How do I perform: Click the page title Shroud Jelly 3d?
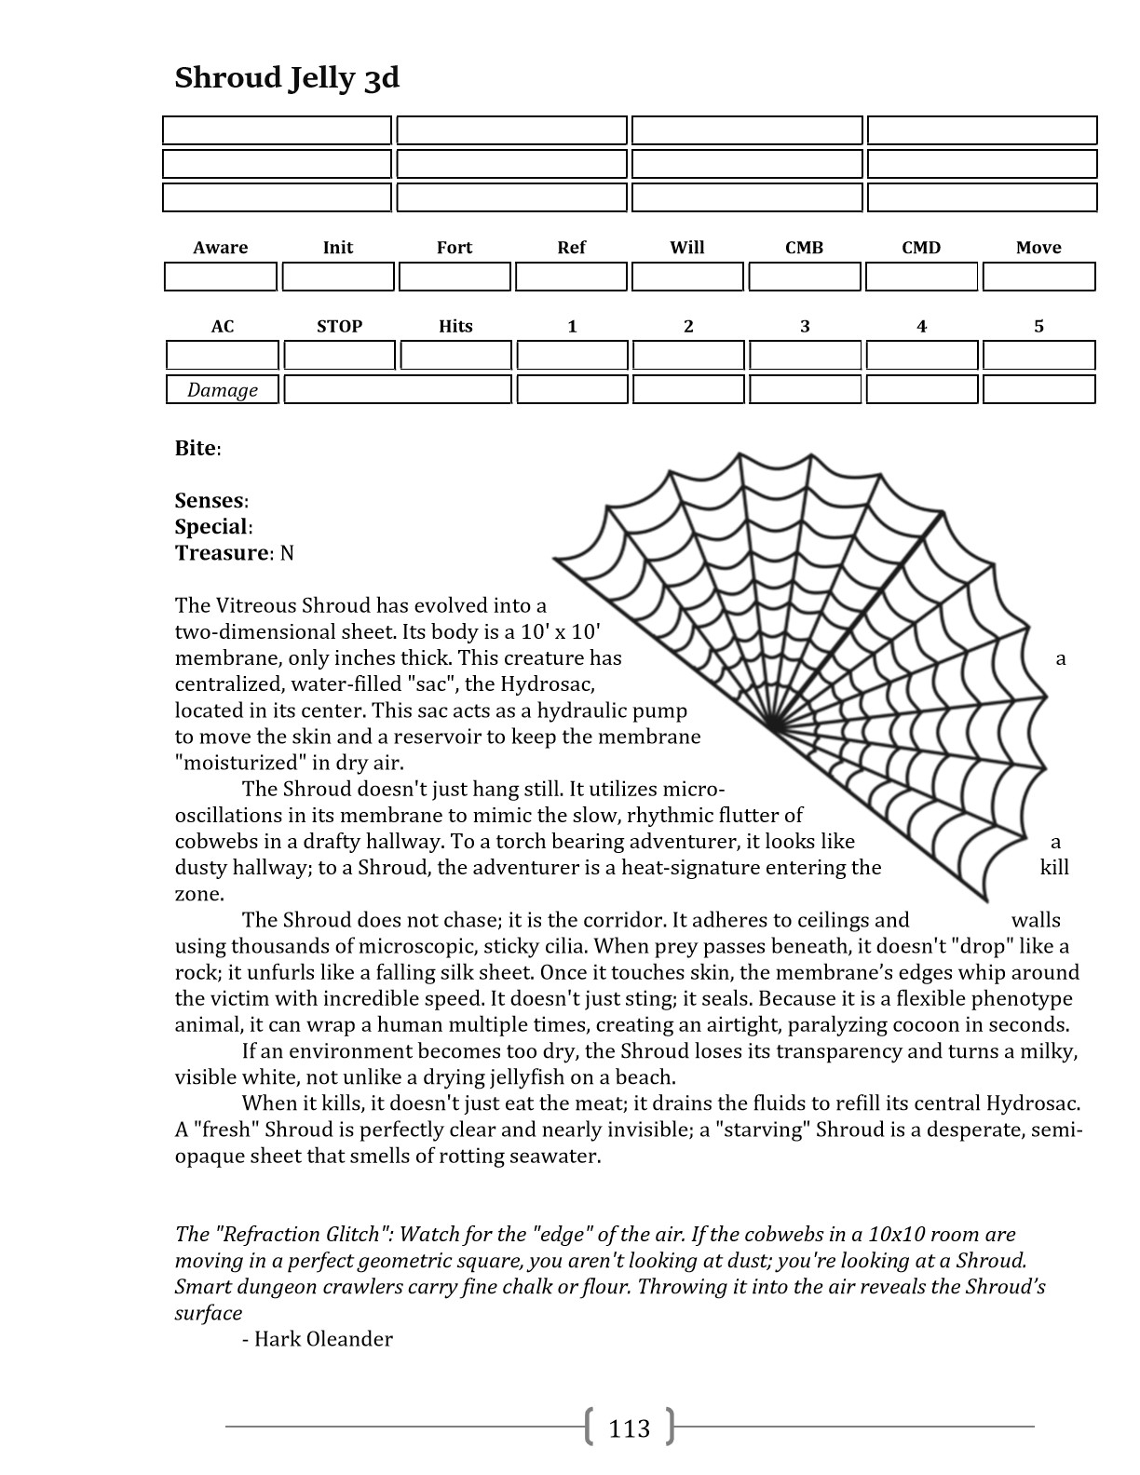pos(287,77)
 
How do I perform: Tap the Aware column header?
pos(221,248)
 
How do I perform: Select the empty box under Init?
pos(338,277)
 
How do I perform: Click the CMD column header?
pos(921,248)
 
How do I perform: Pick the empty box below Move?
pos(1038,277)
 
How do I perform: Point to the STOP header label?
pos(339,326)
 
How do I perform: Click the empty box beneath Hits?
pos(455,355)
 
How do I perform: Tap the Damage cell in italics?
pos(223,389)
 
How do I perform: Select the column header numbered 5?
pos(1038,326)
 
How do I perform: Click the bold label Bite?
pos(196,448)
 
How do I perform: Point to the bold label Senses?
pos(210,501)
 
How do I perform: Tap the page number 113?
pos(629,1428)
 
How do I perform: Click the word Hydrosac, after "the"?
pos(548,684)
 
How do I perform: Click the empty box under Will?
pos(688,277)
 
